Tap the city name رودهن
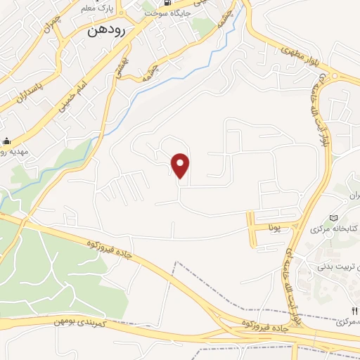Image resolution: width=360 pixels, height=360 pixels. pyautogui.click(x=108, y=32)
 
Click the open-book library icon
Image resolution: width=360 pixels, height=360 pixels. pyautogui.click(x=334, y=217)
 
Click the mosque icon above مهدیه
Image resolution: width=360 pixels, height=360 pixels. pyautogui.click(x=6, y=141)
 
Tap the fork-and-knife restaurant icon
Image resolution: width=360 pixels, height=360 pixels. pyautogui.click(x=354, y=309)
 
